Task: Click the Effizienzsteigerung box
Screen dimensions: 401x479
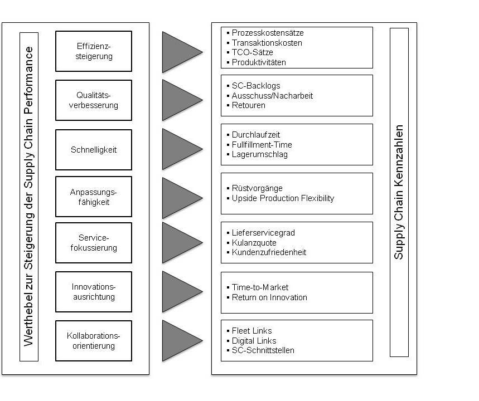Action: (x=94, y=51)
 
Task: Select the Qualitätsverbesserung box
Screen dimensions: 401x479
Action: (x=94, y=100)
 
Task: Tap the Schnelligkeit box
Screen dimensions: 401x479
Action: (x=94, y=150)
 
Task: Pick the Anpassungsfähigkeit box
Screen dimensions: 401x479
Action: (x=94, y=197)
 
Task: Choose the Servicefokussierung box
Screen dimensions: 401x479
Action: (x=94, y=243)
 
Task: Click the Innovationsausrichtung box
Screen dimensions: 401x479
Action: (x=94, y=292)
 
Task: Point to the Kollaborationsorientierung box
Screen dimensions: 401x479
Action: (x=94, y=341)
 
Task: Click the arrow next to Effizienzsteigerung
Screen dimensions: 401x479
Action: (x=179, y=52)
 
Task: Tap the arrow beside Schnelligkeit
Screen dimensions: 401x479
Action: (x=179, y=149)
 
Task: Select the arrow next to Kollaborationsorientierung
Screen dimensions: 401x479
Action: (x=179, y=340)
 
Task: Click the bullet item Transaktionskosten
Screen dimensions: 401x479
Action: (x=267, y=43)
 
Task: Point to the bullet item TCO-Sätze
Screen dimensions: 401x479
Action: (x=253, y=52)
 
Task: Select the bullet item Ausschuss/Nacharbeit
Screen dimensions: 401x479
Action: (x=272, y=96)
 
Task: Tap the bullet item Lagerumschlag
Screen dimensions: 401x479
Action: (x=260, y=154)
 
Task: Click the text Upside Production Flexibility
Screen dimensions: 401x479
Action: (x=283, y=198)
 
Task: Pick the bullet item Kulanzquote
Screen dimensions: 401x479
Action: (x=254, y=243)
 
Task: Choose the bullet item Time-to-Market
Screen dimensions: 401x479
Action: (x=260, y=287)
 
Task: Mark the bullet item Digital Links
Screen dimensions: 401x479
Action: (x=254, y=341)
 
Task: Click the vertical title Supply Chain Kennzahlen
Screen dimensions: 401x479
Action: (x=399, y=192)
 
